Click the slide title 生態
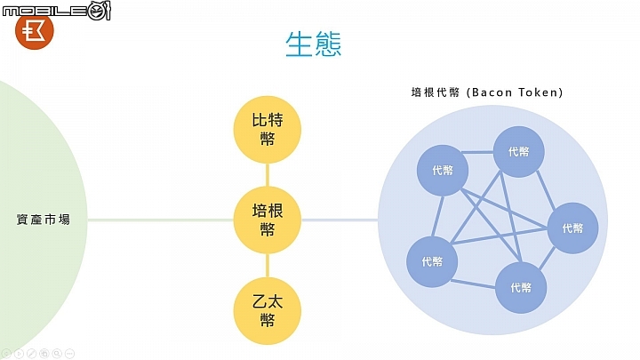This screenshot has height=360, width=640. coord(313,44)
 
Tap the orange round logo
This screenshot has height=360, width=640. coord(35,31)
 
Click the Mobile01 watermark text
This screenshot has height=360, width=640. coord(56,10)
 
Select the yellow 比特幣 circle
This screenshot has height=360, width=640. coord(268,130)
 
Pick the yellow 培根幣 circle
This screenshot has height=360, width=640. coord(268,220)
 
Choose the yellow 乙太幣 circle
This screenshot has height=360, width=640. coord(268,310)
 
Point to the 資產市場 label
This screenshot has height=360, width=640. coord(44,220)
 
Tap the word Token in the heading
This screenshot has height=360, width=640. coord(539,92)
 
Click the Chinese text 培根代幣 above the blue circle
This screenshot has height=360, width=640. coord(435,92)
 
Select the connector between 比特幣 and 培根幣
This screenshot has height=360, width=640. coord(268,175)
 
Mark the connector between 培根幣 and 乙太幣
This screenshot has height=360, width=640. coord(268,266)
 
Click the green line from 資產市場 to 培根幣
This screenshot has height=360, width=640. coord(160,220)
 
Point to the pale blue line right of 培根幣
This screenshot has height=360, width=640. coord(340,220)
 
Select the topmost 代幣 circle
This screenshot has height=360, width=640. coord(519,152)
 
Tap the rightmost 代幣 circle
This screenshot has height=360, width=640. coord(572,228)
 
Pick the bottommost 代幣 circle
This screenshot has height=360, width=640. coord(521,288)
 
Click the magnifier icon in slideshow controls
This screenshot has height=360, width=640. coord(57,354)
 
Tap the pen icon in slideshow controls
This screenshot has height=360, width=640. coord(31,354)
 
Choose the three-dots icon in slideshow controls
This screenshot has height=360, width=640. coord(70,354)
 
